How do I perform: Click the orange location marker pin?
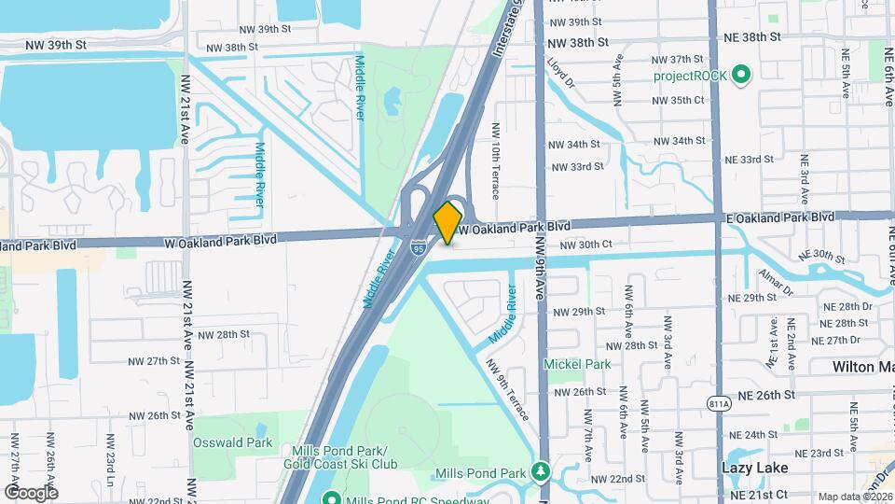448,221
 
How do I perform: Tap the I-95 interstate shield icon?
418,248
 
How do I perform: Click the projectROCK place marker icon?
742,75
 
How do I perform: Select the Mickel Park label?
577,364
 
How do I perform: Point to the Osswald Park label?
232,442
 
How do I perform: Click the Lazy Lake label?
755,467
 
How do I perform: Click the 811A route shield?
719,403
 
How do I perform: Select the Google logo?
31,492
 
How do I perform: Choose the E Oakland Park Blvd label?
779,217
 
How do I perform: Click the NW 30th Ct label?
585,245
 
